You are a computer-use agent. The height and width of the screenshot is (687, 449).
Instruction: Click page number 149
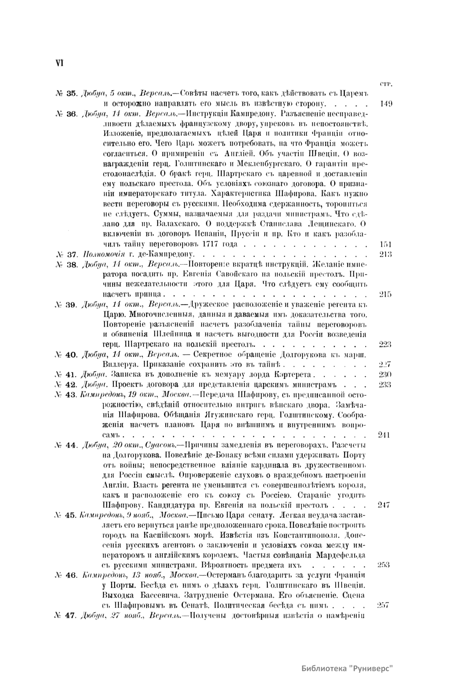(386, 103)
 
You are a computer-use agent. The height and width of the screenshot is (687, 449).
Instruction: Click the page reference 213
(385, 255)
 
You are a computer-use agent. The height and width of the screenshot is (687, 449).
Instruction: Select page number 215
(385, 294)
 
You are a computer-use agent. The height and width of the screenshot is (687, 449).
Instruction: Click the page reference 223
(385, 344)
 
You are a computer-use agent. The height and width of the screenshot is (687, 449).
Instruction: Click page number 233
(385, 384)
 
